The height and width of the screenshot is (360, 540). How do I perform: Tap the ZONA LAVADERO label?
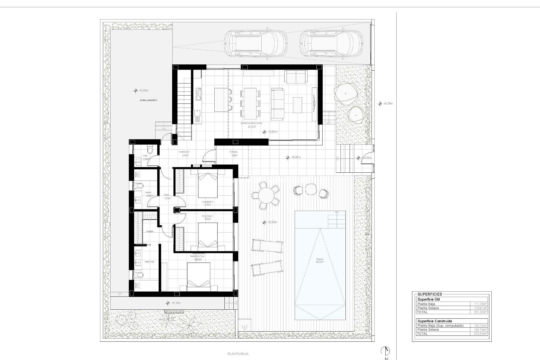148,100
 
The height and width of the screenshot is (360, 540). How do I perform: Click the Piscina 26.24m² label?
320,260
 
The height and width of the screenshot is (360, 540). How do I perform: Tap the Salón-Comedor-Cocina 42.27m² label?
251,125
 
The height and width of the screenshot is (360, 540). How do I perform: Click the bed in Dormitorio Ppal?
199,277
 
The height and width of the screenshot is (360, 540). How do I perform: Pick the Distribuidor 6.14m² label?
184,154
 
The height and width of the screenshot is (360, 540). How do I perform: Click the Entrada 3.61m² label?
234,154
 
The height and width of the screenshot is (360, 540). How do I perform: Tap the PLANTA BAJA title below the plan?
238,354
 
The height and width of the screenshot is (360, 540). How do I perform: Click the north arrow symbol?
386,351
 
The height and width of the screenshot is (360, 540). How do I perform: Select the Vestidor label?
150,231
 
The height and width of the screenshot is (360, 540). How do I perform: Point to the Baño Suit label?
149,262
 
